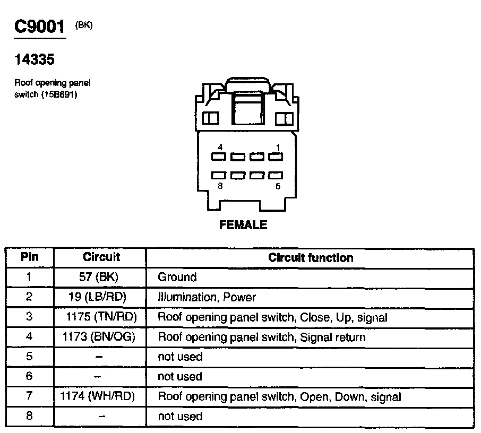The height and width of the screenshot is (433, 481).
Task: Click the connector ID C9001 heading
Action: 40,27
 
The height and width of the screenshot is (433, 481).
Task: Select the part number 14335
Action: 35,60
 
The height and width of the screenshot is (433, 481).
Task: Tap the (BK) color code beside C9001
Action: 84,24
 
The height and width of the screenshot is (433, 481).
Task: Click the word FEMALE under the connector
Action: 243,225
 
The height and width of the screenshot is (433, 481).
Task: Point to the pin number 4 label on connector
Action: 220,146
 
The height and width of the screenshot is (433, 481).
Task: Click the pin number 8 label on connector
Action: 220,186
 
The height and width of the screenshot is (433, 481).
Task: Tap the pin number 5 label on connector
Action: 278,186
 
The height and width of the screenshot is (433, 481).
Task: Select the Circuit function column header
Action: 311,258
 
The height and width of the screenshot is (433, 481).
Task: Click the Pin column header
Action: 30,257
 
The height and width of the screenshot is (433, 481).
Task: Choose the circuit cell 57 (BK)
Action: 101,277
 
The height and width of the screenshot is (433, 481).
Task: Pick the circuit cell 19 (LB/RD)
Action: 101,297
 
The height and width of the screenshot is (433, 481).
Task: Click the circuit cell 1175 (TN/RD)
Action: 101,317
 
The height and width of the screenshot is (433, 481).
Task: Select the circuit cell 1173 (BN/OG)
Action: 101,337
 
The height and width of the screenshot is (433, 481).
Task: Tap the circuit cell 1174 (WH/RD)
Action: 98,396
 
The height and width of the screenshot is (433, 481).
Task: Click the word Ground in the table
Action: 177,277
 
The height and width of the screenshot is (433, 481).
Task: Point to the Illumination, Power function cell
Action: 207,297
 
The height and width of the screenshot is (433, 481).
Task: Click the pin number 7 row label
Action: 29,396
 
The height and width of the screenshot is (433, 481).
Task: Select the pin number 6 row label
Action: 29,376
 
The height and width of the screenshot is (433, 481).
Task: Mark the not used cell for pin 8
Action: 180,417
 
